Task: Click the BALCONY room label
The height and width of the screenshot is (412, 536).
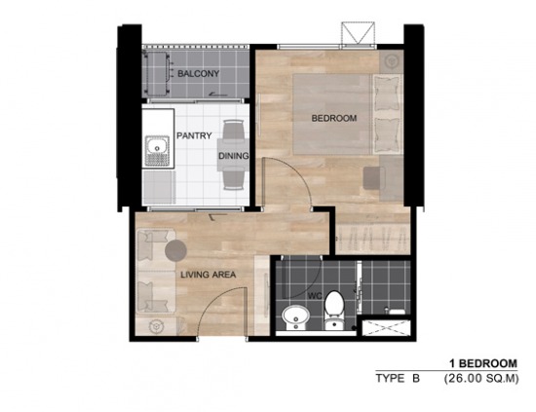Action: [198, 73]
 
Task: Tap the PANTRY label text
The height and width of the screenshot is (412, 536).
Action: [194, 135]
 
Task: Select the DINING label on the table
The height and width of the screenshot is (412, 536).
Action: [234, 156]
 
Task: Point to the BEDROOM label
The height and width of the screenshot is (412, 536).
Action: [334, 118]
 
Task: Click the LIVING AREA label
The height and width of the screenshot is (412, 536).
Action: [209, 275]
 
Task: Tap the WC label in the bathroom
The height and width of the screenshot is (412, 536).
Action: [315, 296]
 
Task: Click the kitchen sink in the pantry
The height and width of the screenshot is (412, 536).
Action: [157, 151]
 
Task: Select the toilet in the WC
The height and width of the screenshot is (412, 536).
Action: [334, 310]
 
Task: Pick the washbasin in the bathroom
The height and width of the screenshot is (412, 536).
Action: [295, 318]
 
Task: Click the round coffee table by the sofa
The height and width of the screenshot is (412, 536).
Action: [175, 250]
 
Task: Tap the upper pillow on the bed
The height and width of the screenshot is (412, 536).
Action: [387, 94]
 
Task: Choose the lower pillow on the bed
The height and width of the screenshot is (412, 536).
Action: [387, 135]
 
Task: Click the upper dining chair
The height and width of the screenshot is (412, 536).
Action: [234, 130]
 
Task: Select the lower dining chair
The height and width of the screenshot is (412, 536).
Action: [234, 180]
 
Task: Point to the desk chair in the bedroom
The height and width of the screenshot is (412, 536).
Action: [374, 177]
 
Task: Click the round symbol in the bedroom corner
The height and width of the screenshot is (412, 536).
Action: [391, 61]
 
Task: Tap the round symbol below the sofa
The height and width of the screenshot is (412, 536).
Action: [157, 326]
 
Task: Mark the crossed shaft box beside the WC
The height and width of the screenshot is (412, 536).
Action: [386, 327]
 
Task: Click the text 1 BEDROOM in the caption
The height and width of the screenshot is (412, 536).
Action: [483, 363]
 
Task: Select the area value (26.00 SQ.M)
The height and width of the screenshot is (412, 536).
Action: [481, 379]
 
